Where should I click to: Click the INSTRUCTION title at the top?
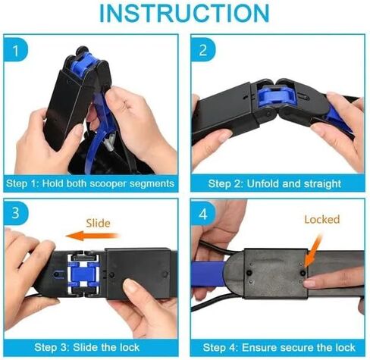184,13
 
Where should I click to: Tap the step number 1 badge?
16,50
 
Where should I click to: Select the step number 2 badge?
203,50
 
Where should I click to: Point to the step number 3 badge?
16,213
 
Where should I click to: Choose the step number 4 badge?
203,214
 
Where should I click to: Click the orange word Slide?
98,224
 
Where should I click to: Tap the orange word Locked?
322,219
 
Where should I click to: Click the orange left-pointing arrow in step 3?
92,236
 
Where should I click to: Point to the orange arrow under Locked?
313,251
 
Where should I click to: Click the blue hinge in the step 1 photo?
83,64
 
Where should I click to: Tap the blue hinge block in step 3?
83,274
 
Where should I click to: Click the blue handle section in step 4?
209,274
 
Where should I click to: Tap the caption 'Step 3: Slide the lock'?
86,347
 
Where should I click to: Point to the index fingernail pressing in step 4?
309,283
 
